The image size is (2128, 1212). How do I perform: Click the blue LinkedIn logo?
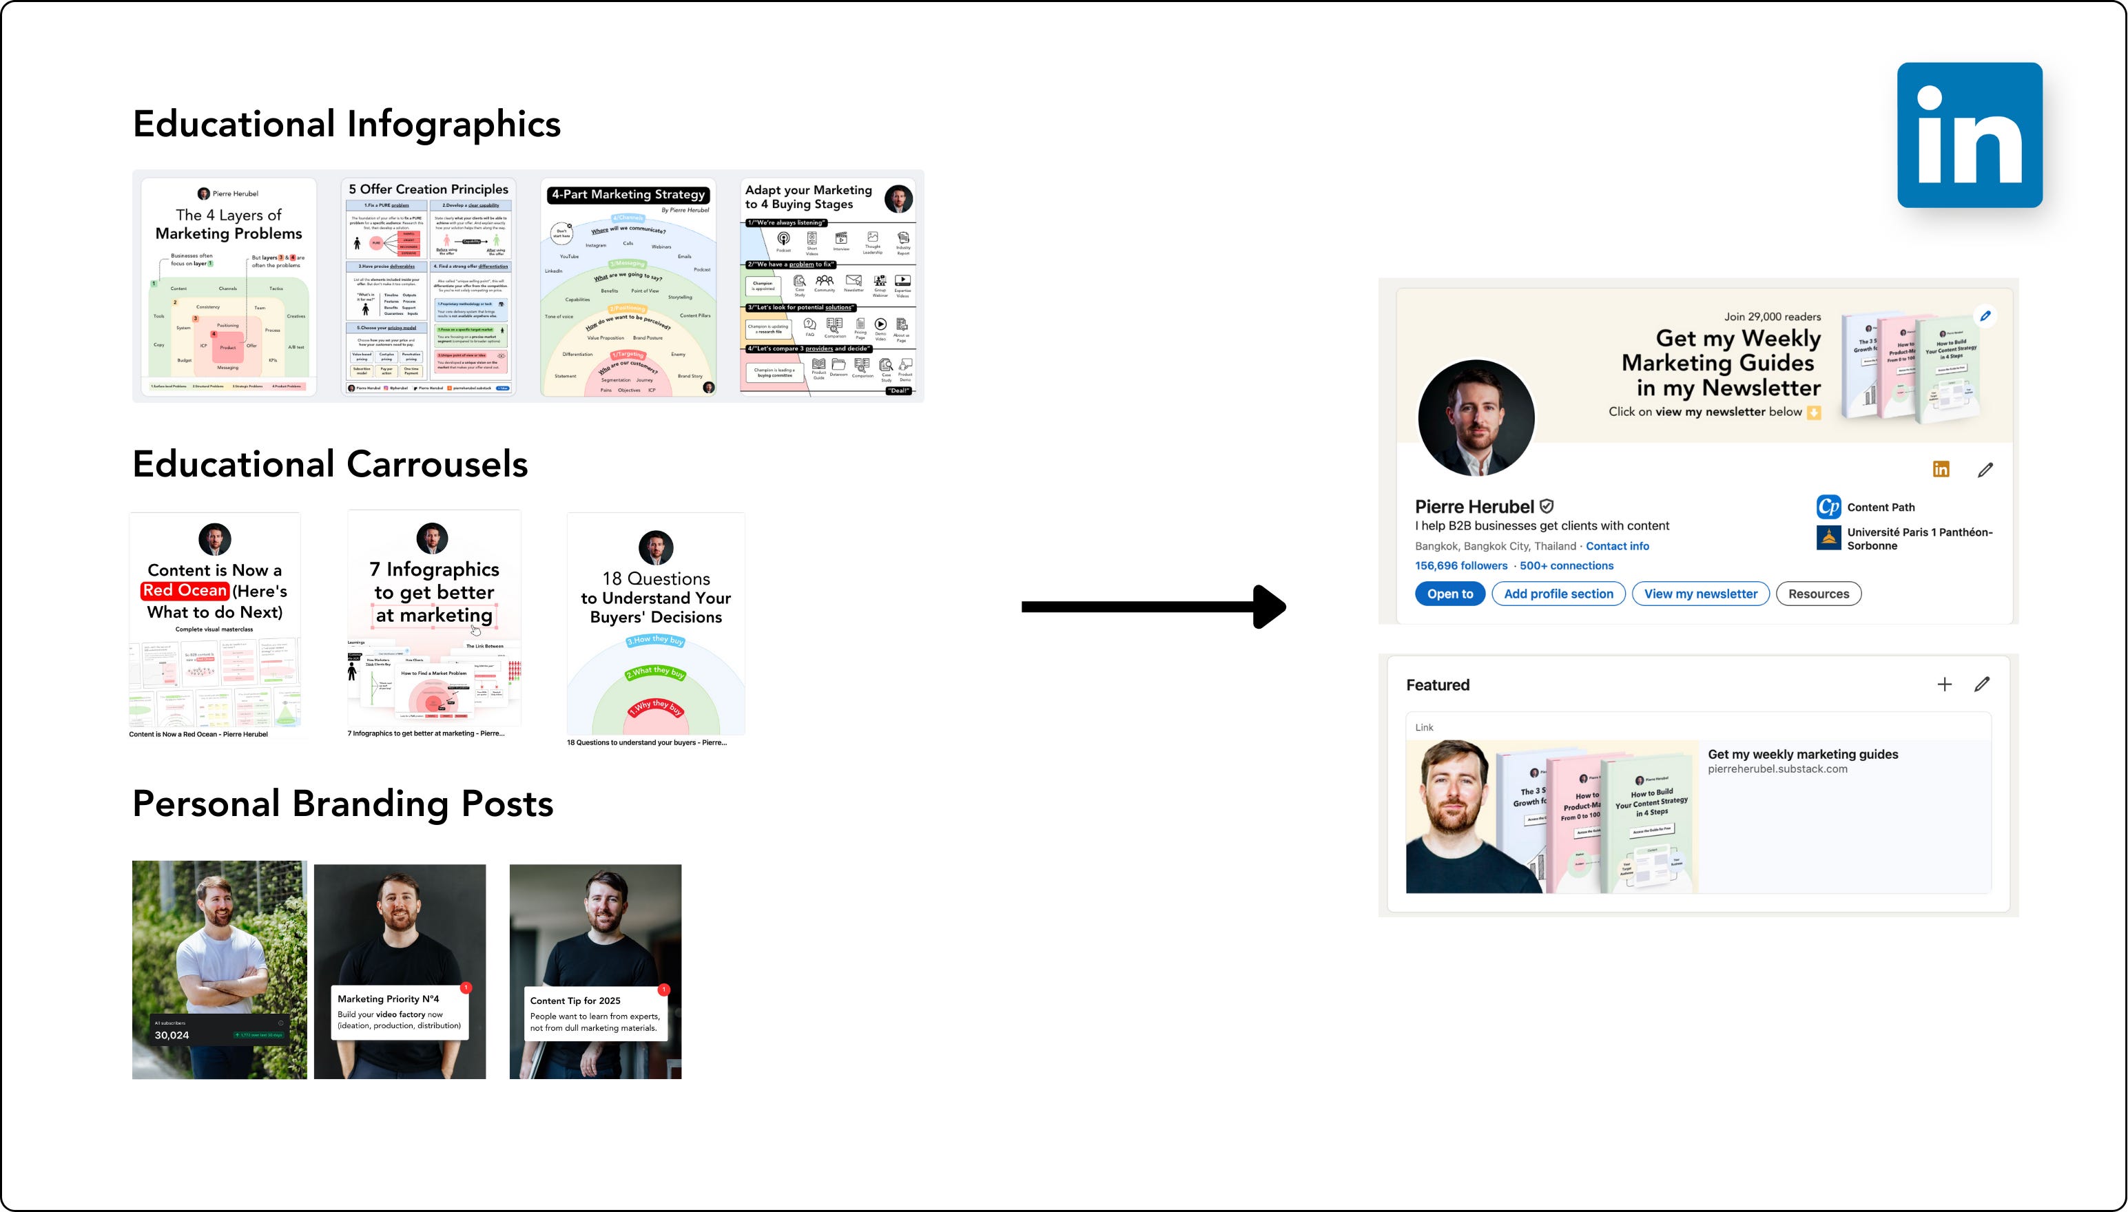[x=1969, y=135]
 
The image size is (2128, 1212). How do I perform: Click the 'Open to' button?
[x=1449, y=594]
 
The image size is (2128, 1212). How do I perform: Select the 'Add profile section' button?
[x=1558, y=594]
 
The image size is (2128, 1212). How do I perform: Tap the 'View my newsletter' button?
[x=1700, y=594]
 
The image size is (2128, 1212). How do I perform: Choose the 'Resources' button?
[x=1818, y=594]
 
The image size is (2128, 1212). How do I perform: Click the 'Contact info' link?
[x=1617, y=546]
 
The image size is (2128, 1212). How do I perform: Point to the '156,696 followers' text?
[x=1460, y=565]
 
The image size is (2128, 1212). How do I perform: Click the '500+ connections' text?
[x=1566, y=565]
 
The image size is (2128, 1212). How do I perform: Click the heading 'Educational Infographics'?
[x=347, y=124]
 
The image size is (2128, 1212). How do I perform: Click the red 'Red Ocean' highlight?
[x=185, y=590]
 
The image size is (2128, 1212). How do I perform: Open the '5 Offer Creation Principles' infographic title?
[x=428, y=189]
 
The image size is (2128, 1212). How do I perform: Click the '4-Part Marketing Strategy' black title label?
[x=628, y=195]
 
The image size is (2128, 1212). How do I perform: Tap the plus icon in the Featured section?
[x=1944, y=685]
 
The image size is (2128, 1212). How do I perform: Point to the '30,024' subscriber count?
[x=172, y=1035]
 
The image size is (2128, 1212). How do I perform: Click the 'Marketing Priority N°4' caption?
[x=388, y=999]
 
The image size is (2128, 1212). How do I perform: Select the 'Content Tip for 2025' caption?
[x=575, y=1001]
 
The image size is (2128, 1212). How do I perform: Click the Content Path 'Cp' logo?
[x=1828, y=507]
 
